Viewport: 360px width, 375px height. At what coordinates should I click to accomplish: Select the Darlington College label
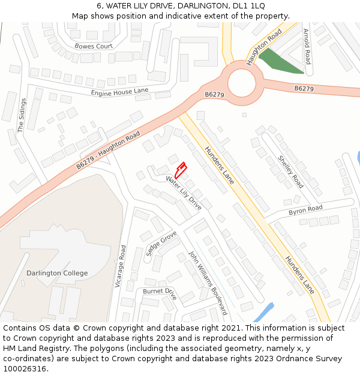pos(57,273)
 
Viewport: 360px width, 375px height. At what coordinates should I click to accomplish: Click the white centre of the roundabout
pos(242,83)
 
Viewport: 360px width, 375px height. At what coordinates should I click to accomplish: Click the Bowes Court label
pos(94,46)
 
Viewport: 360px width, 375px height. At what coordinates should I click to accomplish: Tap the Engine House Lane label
pos(119,91)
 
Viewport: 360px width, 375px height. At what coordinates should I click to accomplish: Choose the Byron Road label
pos(305,210)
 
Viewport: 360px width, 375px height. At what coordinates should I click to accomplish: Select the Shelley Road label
pos(290,171)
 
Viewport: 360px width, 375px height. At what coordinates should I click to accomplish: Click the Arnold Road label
pos(307,46)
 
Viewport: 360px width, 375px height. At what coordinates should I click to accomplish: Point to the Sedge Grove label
pos(161,243)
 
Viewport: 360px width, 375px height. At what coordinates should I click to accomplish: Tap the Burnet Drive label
pos(160,293)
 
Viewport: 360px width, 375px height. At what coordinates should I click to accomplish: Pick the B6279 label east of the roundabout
pos(304,89)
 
